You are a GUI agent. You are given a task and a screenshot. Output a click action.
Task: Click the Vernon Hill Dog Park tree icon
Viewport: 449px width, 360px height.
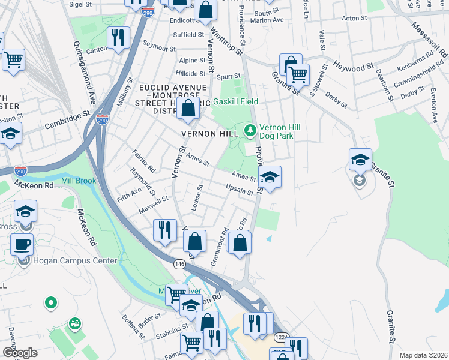point(250,129)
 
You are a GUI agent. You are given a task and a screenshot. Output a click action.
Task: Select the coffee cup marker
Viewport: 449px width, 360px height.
point(22,245)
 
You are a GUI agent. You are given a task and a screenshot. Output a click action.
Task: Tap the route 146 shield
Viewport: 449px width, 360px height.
point(179,263)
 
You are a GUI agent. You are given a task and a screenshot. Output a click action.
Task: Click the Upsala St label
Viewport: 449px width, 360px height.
point(240,191)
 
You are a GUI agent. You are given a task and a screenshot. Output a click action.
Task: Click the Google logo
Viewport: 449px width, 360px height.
point(20,353)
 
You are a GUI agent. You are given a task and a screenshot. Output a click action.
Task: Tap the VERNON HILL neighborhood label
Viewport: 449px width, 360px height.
point(205,133)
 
